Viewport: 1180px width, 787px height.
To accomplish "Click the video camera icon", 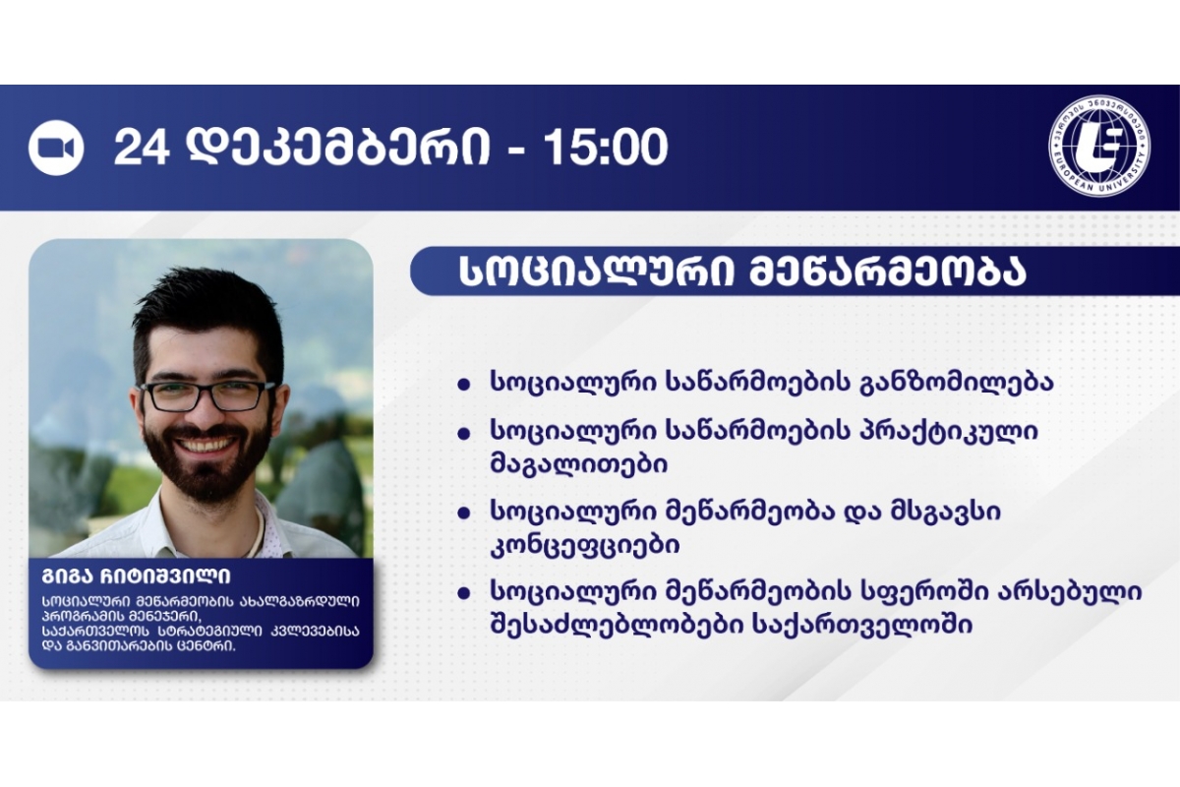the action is click(x=56, y=147).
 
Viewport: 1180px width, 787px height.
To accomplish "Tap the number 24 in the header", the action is click(x=142, y=147).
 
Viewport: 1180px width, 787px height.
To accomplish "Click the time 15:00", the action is click(x=606, y=147).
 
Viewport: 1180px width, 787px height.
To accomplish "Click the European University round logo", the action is click(x=1100, y=147).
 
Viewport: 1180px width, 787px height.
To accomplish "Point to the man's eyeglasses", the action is click(x=206, y=394).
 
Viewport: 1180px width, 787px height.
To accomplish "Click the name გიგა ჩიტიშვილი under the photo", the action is click(x=136, y=576).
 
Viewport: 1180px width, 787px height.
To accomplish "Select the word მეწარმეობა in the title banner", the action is click(x=887, y=271).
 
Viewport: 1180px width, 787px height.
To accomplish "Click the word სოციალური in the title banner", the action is click(x=596, y=271).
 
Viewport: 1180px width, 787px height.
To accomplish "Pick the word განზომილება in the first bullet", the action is click(x=956, y=382).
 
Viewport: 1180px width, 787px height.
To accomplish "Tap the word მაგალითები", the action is click(x=579, y=463).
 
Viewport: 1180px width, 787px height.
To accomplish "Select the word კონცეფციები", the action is click(x=585, y=545).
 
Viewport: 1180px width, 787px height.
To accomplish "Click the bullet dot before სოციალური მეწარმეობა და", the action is click(x=463, y=514).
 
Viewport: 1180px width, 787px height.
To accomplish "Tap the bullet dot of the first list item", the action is click(x=463, y=385).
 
